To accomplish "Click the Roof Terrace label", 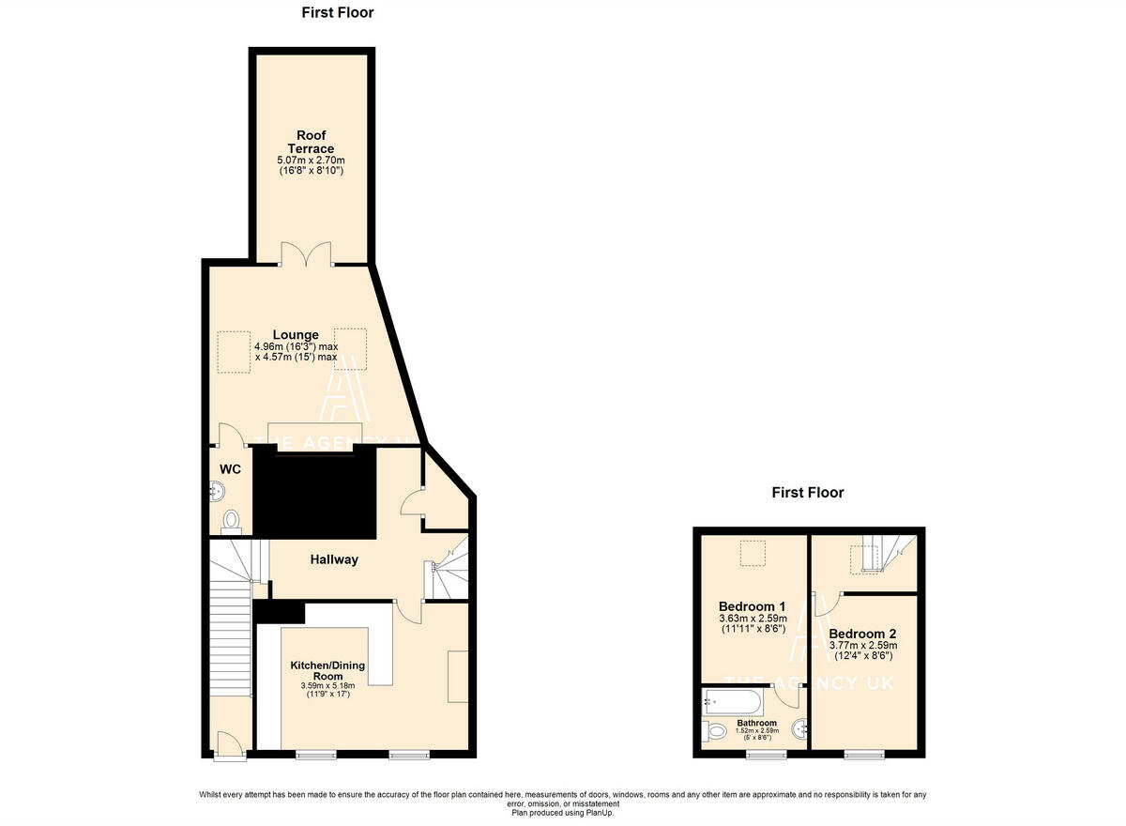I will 311,142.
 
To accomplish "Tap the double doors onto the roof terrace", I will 307,254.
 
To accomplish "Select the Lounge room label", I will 296,335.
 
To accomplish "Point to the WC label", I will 231,469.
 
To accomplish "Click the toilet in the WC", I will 231,520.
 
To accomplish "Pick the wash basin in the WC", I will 217,490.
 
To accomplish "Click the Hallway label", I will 334,559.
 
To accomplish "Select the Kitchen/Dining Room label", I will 327,670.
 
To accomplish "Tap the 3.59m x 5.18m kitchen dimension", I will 327,686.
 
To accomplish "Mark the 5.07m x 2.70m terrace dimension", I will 311,161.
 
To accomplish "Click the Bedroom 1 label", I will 752,605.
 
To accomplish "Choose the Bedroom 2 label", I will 862,633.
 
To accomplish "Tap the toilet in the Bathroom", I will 715,730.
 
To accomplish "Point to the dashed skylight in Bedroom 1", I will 752,555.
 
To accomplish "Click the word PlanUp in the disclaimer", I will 598,813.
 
